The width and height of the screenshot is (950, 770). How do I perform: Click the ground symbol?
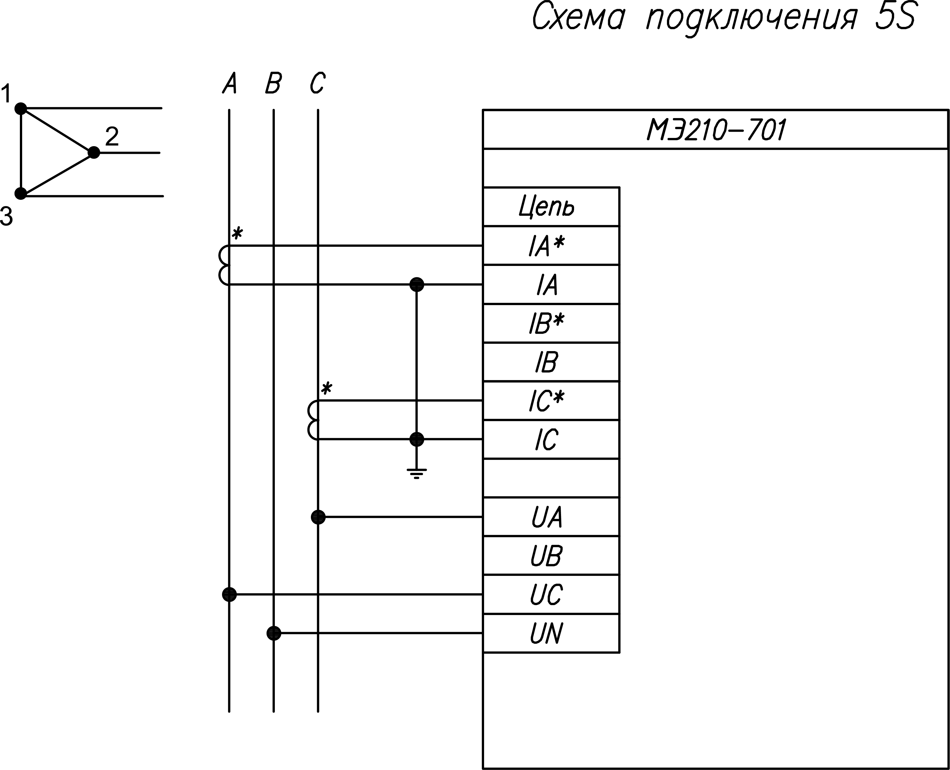416,474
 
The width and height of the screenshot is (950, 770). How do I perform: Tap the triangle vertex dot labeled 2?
94,153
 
